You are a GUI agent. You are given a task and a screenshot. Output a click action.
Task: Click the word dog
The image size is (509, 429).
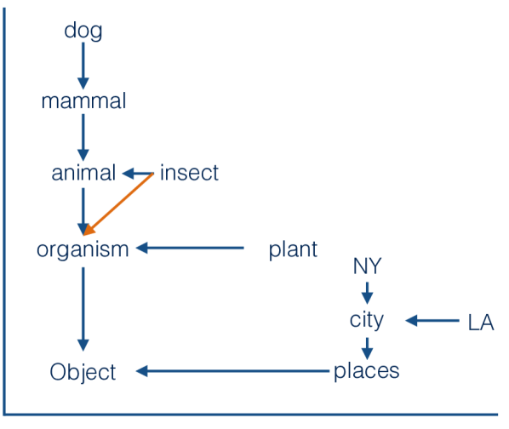point(83,32)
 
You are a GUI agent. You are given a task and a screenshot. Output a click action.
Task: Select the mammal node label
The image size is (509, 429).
point(83,101)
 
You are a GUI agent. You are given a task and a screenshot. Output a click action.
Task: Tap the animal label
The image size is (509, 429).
point(83,174)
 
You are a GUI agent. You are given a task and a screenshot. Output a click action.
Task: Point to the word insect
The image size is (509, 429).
point(189,174)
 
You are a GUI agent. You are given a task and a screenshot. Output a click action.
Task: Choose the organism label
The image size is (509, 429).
point(83,249)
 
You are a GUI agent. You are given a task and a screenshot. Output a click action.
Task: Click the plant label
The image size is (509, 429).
point(293,249)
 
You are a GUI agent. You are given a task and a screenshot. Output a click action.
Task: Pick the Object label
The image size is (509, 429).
point(83,372)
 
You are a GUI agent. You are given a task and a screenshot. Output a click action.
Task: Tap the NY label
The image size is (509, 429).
point(367,267)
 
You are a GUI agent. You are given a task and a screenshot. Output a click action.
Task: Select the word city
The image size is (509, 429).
point(367,320)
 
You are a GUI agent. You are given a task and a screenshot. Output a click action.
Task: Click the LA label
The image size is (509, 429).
point(481,323)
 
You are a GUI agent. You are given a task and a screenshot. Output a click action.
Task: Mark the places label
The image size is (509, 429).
point(366,371)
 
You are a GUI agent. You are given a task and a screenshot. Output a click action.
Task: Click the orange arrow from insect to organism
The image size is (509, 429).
point(119,203)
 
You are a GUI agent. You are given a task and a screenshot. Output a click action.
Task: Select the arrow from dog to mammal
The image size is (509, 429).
point(83,66)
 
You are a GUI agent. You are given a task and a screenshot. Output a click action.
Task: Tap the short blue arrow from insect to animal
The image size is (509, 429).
point(137,174)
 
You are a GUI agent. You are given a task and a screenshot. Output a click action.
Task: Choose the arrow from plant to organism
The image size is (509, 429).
point(191,249)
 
